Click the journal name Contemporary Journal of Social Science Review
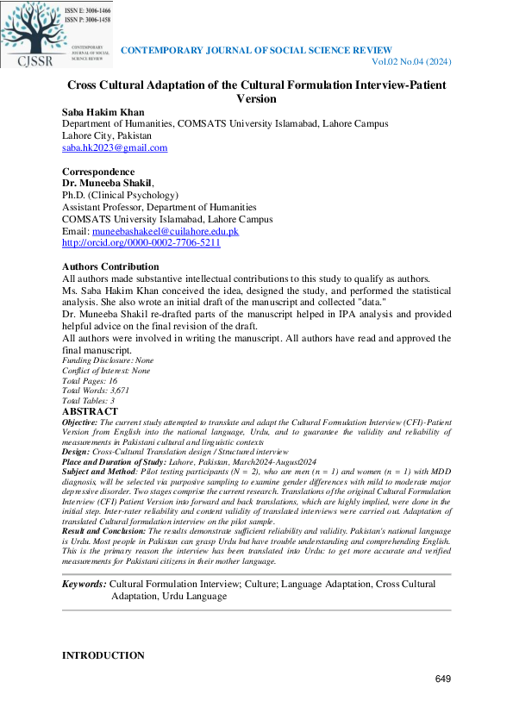coord(256,51)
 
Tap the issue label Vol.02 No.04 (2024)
coord(411,62)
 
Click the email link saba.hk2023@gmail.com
coord(115,147)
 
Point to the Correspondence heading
coord(98,172)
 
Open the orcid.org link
coord(141,243)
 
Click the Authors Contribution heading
coord(110,266)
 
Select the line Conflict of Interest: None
coord(106,371)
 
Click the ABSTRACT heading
coord(90,412)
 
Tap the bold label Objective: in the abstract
coord(80,422)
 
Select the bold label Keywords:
coord(84,585)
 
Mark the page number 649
coord(443,679)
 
